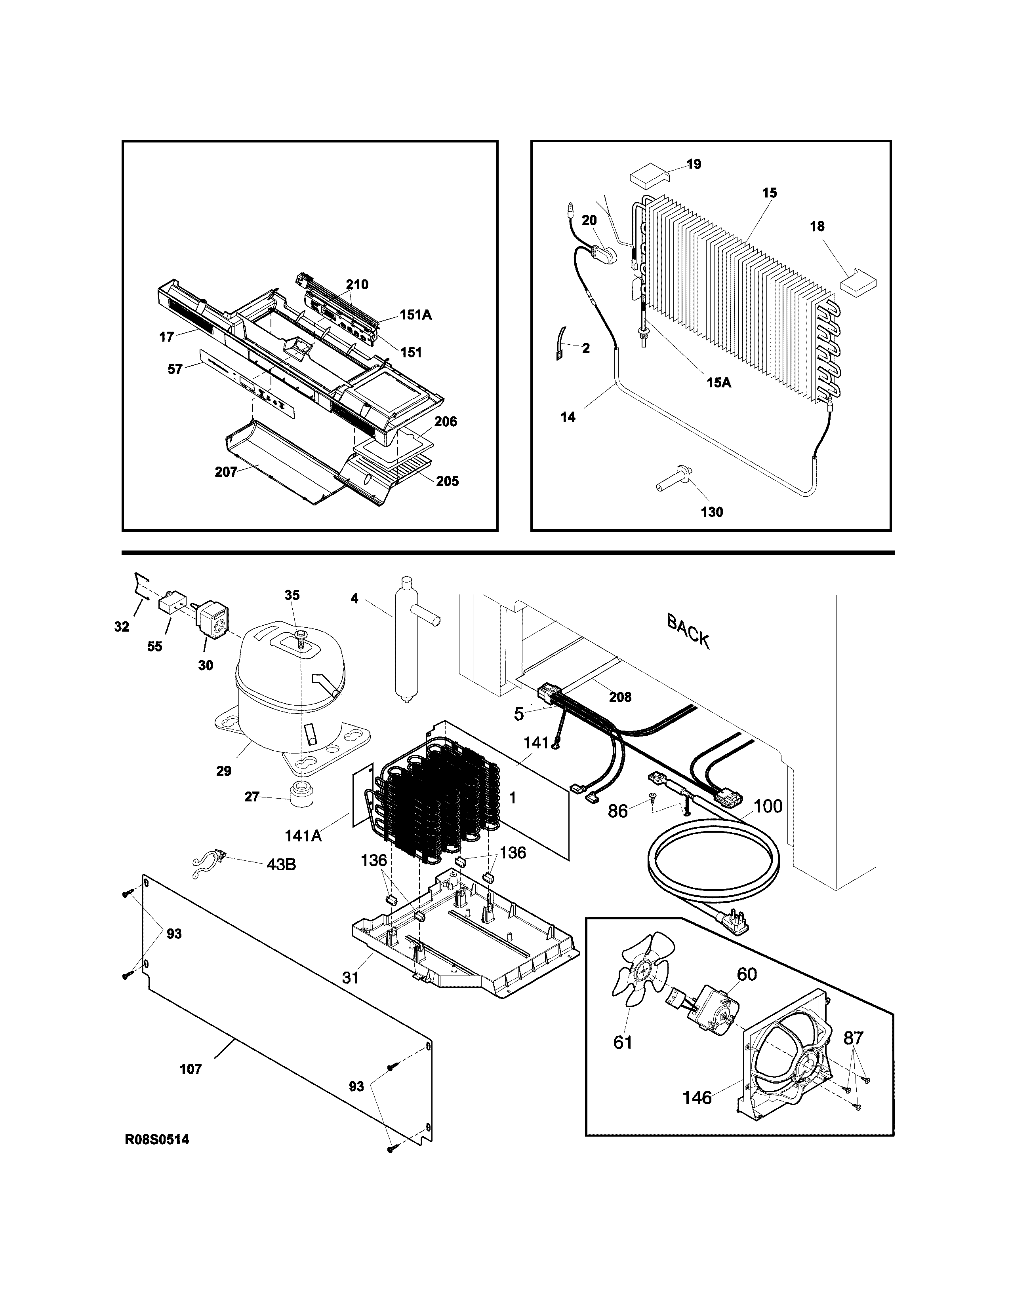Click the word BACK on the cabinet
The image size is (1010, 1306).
pos(688,632)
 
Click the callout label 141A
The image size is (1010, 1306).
pos(303,836)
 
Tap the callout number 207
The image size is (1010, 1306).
pos(226,473)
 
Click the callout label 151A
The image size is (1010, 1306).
pos(415,315)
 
